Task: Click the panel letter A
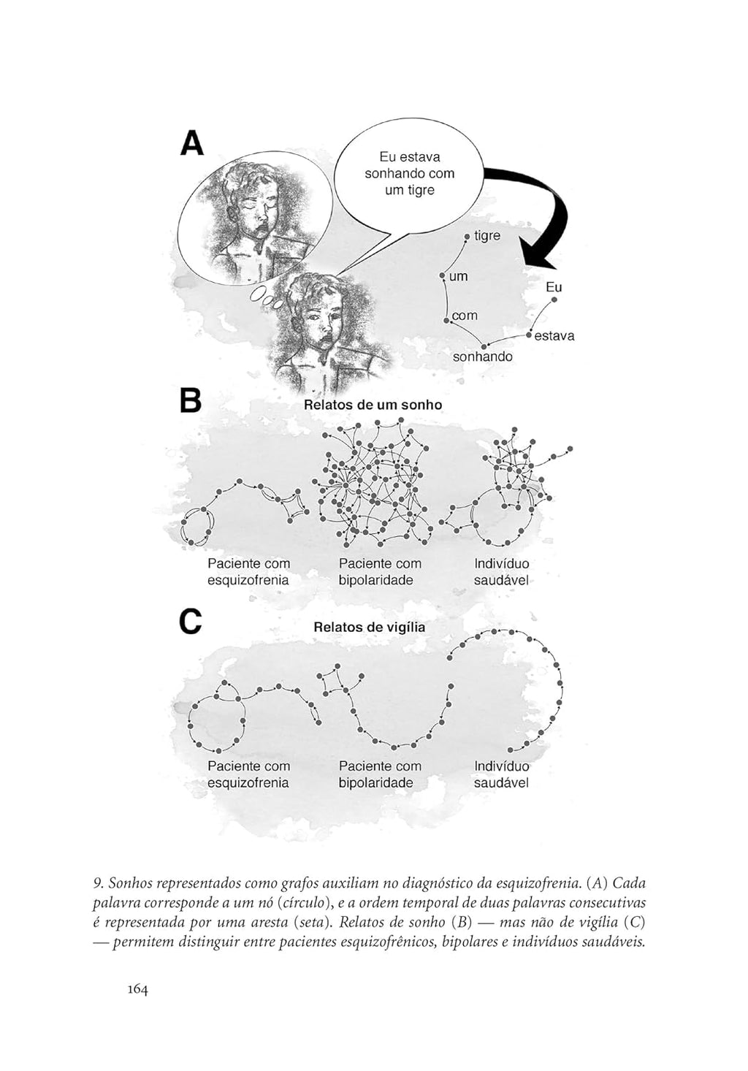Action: pyautogui.click(x=192, y=143)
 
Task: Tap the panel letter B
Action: pyautogui.click(x=191, y=401)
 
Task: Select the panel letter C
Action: pyautogui.click(x=191, y=622)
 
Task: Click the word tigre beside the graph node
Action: pyautogui.click(x=487, y=236)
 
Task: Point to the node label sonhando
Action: pyautogui.click(x=482, y=357)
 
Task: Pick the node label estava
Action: pyautogui.click(x=554, y=336)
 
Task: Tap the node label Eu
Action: pyautogui.click(x=554, y=288)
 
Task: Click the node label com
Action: pyautogui.click(x=465, y=316)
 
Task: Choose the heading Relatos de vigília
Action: pyautogui.click(x=369, y=627)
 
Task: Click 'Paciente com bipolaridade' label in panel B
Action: pyautogui.click(x=380, y=572)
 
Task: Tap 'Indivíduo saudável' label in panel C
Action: pyautogui.click(x=501, y=774)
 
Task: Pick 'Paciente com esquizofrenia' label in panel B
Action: pyautogui.click(x=248, y=572)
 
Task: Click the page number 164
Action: pyautogui.click(x=137, y=989)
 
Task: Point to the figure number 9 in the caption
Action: pyautogui.click(x=97, y=884)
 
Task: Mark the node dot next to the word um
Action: pyautogui.click(x=442, y=275)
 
